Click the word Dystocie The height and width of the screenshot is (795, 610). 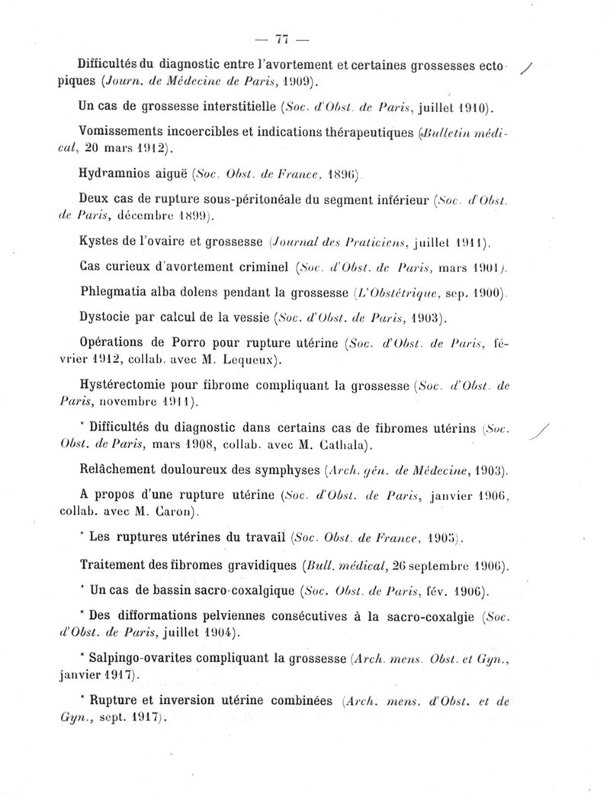coord(106,314)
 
